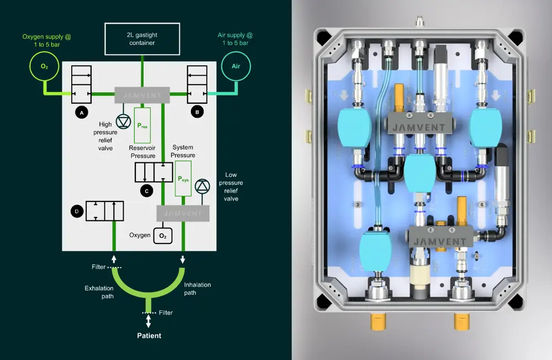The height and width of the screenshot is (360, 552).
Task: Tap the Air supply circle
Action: pyautogui.click(x=236, y=66)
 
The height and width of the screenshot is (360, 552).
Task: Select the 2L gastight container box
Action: pyautogui.click(x=143, y=38)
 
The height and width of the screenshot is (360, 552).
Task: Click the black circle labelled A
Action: pyautogui.click(x=81, y=112)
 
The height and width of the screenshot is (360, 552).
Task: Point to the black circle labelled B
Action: pyautogui.click(x=197, y=112)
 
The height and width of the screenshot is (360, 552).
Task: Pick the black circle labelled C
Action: pyautogui.click(x=146, y=191)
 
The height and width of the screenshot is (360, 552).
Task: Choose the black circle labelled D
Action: pyautogui.click(x=76, y=211)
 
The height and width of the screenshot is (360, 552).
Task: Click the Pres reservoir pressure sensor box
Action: pyautogui.click(x=142, y=125)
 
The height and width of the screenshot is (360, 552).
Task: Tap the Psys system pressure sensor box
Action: pyautogui.click(x=183, y=179)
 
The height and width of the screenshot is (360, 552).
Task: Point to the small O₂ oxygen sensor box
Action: pyautogui.click(x=163, y=236)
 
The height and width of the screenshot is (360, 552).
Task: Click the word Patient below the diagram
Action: pyautogui.click(x=149, y=335)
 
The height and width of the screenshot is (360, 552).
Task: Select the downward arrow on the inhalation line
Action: pyautogui.click(x=183, y=258)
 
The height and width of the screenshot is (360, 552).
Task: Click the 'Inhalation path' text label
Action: pyautogui.click(x=197, y=289)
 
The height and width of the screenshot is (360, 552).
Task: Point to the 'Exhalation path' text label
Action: pyautogui.click(x=99, y=292)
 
